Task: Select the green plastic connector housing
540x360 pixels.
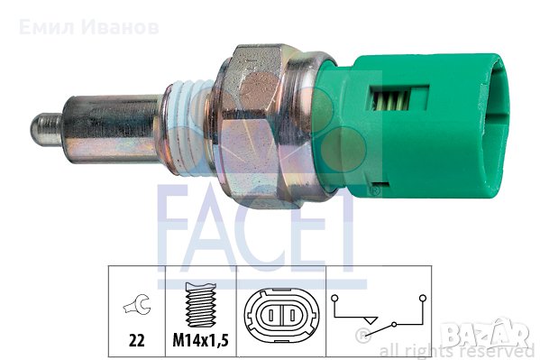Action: click(x=412, y=125)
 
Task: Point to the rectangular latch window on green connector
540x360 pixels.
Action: click(x=398, y=98)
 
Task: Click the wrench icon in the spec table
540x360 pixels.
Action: click(x=137, y=304)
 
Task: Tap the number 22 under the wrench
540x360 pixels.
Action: click(x=137, y=341)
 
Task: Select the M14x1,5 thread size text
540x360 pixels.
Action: click(x=200, y=341)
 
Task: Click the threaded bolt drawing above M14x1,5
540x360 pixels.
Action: click(x=200, y=305)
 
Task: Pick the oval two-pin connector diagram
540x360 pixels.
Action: click(x=281, y=315)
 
